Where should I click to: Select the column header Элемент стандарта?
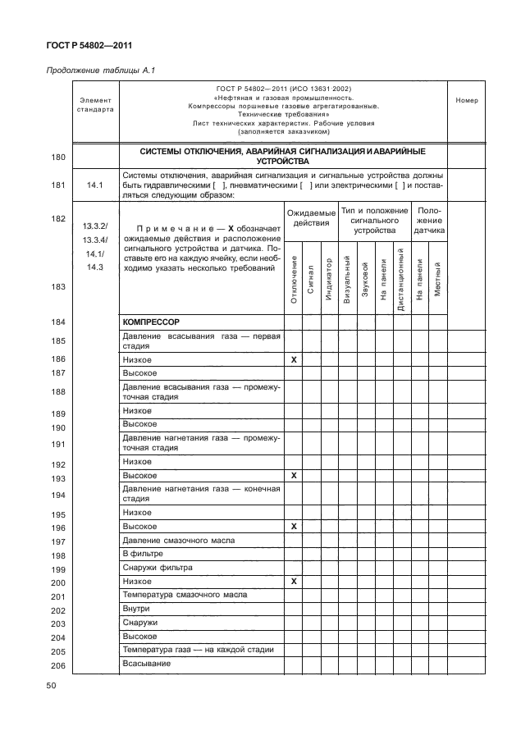(95, 104)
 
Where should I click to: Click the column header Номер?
(466, 100)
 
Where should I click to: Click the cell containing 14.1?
(95, 185)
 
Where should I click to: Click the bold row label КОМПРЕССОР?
(152, 322)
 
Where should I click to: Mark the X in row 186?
(294, 360)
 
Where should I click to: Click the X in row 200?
(294, 581)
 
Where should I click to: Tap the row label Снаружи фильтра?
(157, 568)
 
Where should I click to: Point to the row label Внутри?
(136, 610)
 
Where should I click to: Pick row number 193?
(58, 478)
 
